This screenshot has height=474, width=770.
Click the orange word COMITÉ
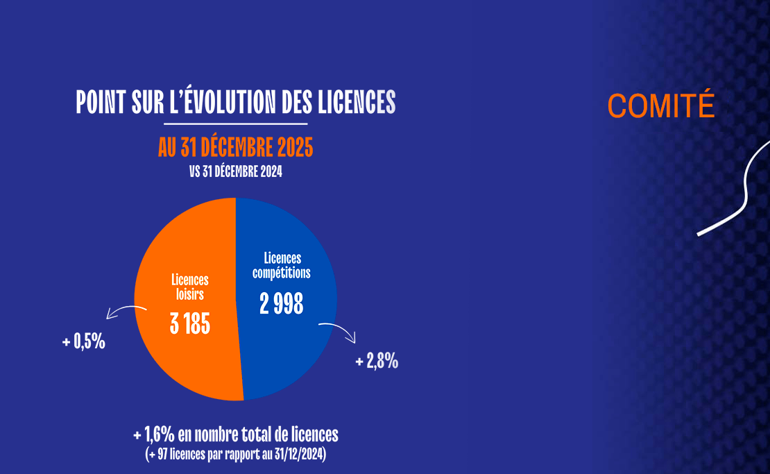coord(660,105)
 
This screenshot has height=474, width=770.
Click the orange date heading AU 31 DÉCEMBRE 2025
coord(235,147)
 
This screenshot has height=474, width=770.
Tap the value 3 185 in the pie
coord(190,323)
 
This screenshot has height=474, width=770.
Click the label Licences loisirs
coord(190,287)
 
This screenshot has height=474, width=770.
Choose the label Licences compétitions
coord(282,265)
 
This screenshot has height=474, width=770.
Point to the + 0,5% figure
coord(83,342)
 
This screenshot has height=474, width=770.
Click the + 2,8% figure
coord(377,362)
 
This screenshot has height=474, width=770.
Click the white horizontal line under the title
coord(235,124)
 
